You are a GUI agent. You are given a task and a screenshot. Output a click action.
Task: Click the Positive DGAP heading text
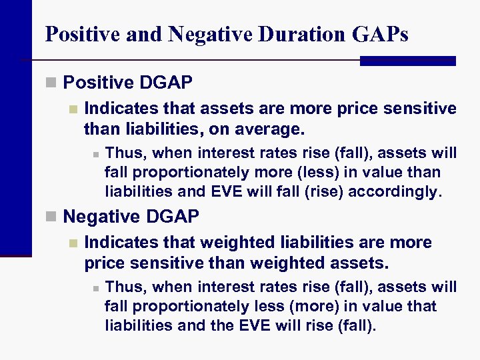127,83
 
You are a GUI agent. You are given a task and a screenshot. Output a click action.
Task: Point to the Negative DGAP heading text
131,216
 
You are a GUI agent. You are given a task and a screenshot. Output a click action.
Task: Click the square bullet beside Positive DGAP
51,83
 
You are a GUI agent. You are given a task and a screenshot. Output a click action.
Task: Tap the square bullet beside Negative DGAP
51,217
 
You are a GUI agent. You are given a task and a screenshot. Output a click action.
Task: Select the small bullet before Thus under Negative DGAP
96,288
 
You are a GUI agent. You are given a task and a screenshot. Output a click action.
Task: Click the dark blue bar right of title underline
407,61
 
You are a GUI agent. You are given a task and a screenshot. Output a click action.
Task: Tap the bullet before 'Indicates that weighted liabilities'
74,243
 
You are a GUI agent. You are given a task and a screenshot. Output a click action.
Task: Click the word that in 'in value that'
423,306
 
